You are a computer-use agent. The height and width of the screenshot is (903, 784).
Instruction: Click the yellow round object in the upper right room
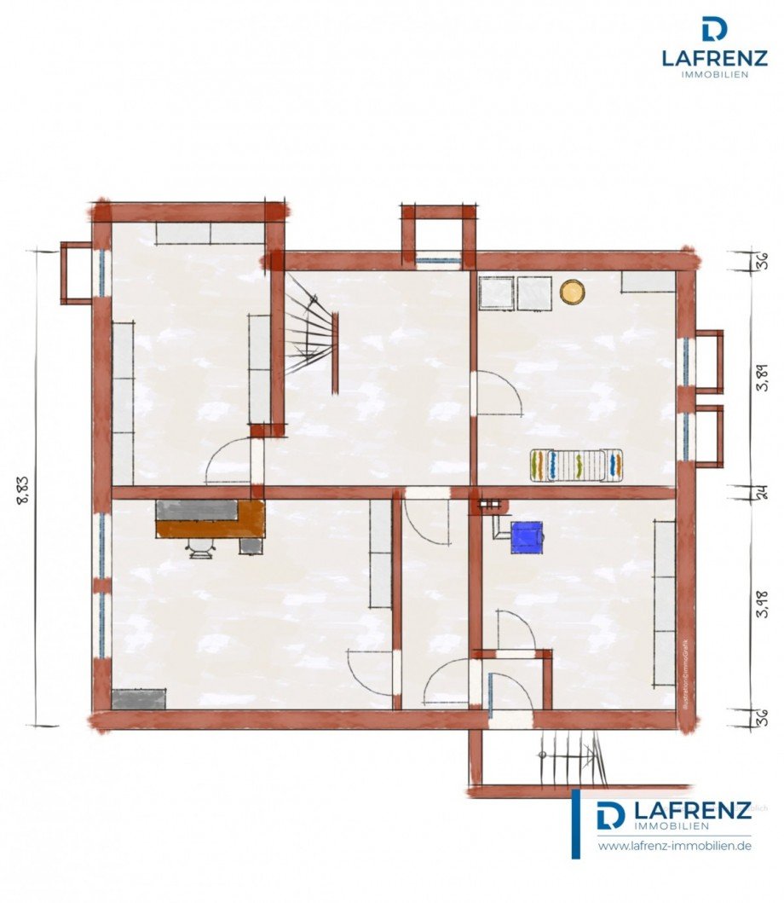tap(572, 292)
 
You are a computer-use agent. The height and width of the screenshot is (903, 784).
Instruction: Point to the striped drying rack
tap(577, 465)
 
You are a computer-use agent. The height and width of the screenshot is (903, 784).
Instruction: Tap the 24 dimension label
tap(761, 492)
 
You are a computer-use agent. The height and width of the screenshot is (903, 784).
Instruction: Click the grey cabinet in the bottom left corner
tap(139, 699)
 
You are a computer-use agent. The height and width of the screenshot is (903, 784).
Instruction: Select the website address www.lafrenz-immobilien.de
tap(674, 846)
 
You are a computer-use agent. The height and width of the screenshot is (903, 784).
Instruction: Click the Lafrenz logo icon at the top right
tap(714, 29)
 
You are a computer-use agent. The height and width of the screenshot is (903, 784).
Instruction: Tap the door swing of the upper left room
tap(230, 460)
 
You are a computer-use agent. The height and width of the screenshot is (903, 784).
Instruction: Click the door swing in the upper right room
tap(499, 394)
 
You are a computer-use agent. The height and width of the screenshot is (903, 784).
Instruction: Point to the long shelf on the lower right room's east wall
tap(665, 603)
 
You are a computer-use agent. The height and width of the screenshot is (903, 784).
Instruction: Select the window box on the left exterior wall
tap(77, 273)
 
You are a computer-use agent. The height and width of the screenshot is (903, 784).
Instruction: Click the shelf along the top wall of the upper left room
tap(209, 233)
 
